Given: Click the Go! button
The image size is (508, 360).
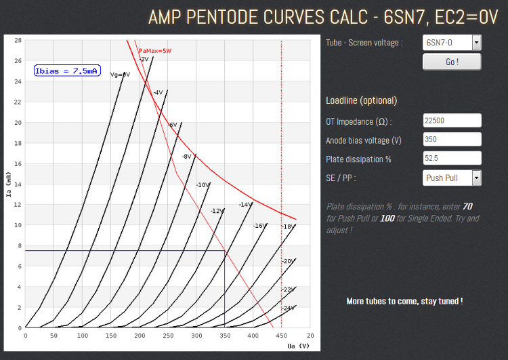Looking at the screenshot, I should pyautogui.click(x=452, y=62).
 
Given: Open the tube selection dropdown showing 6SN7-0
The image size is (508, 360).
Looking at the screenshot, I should pyautogui.click(x=452, y=43).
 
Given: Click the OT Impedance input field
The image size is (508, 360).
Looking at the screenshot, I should pyautogui.click(x=452, y=121).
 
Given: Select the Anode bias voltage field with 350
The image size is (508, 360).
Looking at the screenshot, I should pyautogui.click(x=452, y=140).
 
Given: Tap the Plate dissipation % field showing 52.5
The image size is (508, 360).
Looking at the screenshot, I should pyautogui.click(x=452, y=159).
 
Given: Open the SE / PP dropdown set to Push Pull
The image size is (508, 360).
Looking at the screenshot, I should pyautogui.click(x=452, y=178).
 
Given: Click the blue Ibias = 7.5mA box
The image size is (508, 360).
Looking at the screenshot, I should pyautogui.click(x=66, y=71).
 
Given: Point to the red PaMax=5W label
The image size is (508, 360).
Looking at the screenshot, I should pyautogui.click(x=154, y=51).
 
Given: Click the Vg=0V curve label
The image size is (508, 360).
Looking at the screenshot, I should pyautogui.click(x=120, y=75).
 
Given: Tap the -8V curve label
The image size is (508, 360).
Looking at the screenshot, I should pyautogui.click(x=186, y=157).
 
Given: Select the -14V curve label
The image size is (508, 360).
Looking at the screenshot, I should pyautogui.click(x=245, y=204).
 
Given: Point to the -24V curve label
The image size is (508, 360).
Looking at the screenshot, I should pyautogui.click(x=288, y=308).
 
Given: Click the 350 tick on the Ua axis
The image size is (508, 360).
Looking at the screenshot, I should pyautogui.click(x=225, y=335).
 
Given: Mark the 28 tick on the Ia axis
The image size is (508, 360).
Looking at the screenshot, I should pyautogui.click(x=18, y=40).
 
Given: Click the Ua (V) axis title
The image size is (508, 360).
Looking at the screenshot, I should pyautogui.click(x=298, y=346).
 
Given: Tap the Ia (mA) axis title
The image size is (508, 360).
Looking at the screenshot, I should pyautogui.click(x=9, y=184).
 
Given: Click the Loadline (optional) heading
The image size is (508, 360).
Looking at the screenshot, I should pyautogui.click(x=361, y=101).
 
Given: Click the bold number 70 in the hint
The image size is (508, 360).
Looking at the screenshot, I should pyautogui.click(x=467, y=206).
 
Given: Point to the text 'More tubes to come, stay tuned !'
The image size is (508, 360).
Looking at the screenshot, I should pyautogui.click(x=404, y=300).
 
